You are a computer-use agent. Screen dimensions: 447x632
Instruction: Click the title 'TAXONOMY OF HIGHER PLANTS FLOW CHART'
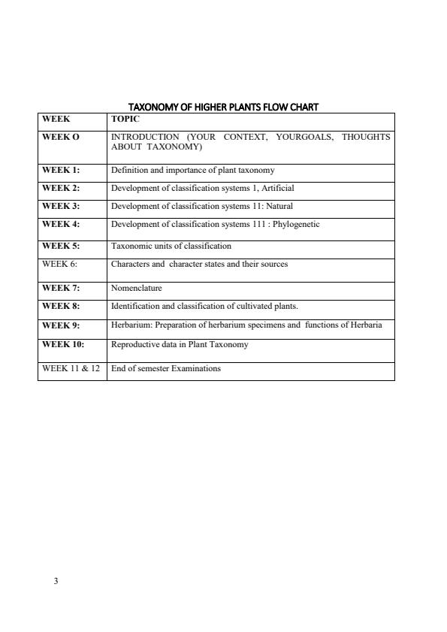tap(224, 107)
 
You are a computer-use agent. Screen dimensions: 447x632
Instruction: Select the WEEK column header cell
tap(56, 119)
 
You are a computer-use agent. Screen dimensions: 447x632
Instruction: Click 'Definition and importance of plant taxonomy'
tap(193, 170)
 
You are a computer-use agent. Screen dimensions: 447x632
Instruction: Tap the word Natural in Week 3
tap(278, 206)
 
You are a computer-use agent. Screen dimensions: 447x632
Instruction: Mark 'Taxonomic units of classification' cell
tap(171, 246)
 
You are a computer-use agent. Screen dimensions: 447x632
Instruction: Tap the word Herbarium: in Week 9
tap(131, 325)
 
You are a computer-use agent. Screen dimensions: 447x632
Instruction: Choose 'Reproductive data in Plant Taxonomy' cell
tap(180, 344)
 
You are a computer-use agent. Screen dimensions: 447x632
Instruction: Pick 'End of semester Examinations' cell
tap(166, 368)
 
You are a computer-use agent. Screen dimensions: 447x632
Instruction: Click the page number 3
tap(56, 581)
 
